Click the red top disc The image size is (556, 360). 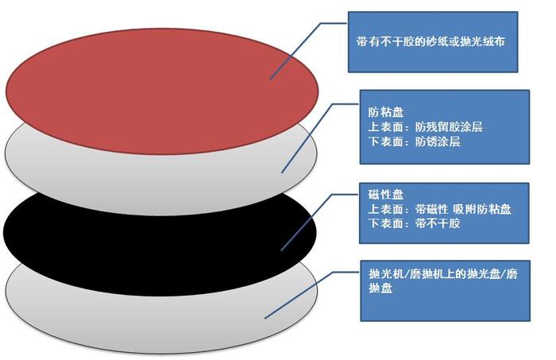[161, 91]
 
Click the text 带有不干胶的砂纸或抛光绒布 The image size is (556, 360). [431, 42]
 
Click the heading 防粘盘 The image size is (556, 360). [386, 112]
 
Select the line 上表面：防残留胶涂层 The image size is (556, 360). [425, 127]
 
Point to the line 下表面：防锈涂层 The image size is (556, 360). [414, 141]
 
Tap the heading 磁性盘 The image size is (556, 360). [386, 195]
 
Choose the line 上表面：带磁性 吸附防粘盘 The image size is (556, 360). [440, 209]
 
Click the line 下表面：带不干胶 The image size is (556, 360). [414, 223]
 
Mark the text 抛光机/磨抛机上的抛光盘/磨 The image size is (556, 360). [443, 274]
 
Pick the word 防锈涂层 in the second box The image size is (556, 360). [438, 141]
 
